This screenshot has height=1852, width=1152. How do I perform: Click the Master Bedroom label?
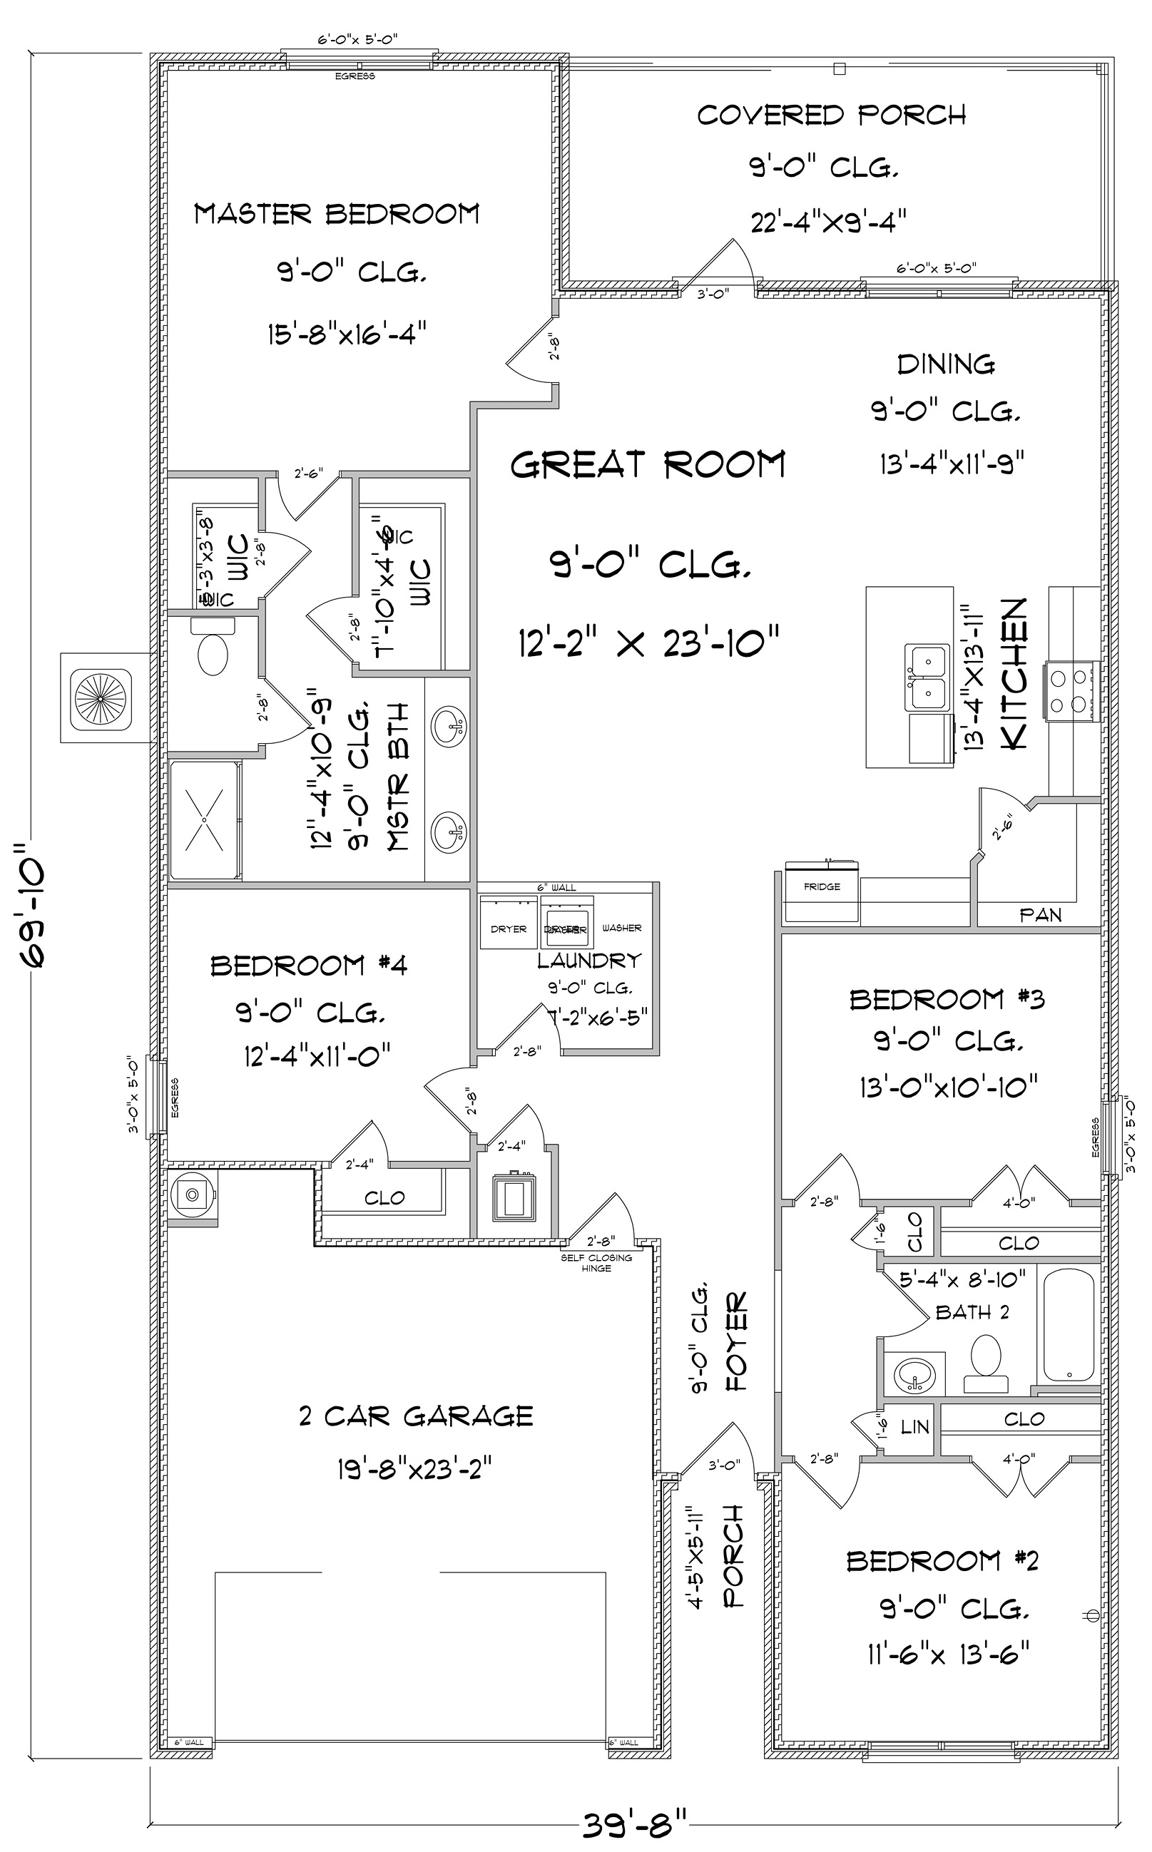[x=337, y=214]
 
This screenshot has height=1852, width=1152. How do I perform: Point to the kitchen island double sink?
[x=926, y=677]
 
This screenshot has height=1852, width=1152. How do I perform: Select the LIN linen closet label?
[x=914, y=1427]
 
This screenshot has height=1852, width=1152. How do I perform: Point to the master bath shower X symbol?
[x=205, y=819]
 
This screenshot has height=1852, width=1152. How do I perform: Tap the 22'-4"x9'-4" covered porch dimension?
[x=828, y=222]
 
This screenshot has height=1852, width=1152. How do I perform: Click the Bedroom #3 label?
[x=947, y=999]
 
